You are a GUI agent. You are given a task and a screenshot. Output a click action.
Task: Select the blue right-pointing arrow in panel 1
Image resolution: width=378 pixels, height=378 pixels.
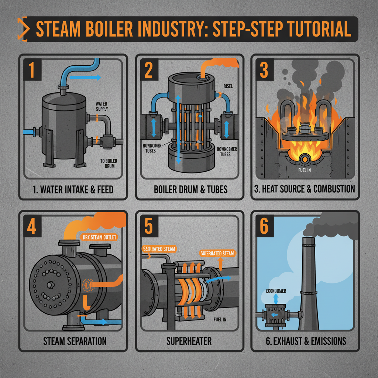(x=85, y=78)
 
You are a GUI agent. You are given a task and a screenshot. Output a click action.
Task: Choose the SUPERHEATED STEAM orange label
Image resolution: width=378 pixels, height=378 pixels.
(x=217, y=253)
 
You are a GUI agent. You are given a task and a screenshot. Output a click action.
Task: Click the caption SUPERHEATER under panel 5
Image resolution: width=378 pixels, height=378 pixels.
(x=189, y=340)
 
